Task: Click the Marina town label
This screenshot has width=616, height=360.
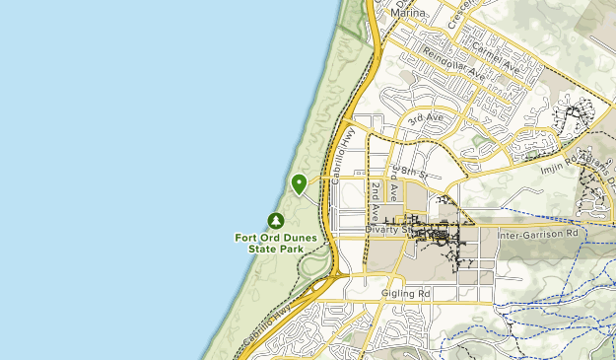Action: coord(409,13)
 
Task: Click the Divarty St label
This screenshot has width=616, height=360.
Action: coord(386,229)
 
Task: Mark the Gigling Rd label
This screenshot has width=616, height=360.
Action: coord(405,294)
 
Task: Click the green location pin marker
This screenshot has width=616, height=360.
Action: coord(299,182)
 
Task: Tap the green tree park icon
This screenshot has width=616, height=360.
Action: coord(276,221)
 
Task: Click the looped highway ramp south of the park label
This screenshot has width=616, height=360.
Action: coord(315,264)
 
